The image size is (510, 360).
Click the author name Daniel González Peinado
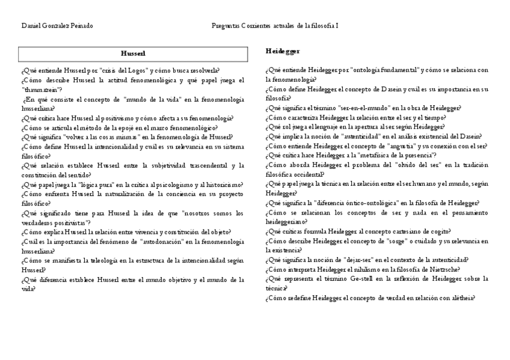pos(57,26)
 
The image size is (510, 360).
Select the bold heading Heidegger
pos(283,51)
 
